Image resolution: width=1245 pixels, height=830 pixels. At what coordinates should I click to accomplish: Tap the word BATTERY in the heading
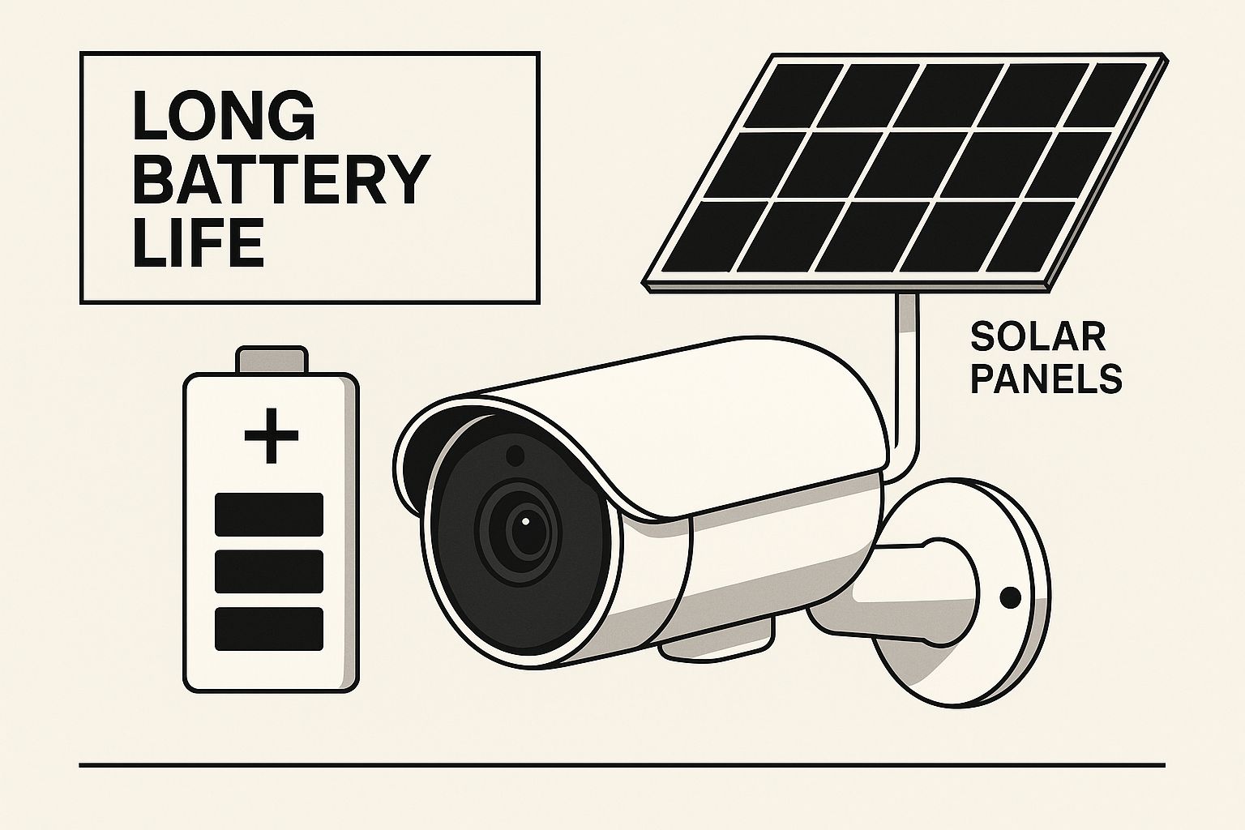(x=282, y=179)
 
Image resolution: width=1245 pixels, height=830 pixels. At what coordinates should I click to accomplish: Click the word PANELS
(x=1046, y=379)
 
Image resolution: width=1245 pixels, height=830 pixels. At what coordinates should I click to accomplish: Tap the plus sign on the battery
(x=272, y=436)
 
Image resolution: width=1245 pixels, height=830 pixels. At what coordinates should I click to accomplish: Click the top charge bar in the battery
(x=269, y=514)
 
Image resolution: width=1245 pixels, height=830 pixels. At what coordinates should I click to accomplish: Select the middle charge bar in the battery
(x=269, y=571)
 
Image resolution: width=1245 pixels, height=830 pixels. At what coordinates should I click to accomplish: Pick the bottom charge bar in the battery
(x=269, y=629)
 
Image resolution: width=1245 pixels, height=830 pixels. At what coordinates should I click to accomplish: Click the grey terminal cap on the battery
(x=272, y=359)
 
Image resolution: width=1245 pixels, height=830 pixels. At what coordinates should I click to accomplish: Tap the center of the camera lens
(x=524, y=523)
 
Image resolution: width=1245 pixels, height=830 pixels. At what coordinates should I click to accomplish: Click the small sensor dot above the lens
(x=516, y=456)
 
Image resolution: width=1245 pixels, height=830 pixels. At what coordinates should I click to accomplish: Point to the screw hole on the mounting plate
(x=1010, y=597)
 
